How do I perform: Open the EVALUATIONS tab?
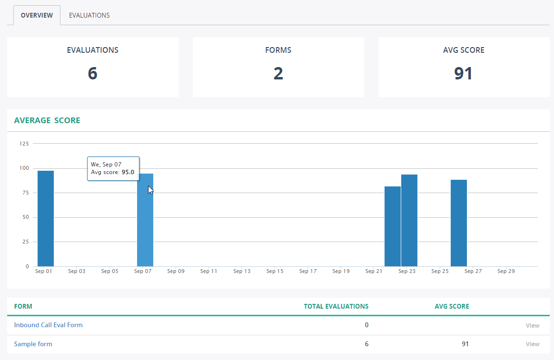[x=89, y=15]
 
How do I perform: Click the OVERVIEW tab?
[x=37, y=15]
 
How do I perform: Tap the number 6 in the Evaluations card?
[x=92, y=73]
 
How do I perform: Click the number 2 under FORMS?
[x=278, y=73]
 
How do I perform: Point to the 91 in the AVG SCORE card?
[x=463, y=73]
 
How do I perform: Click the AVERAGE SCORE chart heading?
[x=47, y=120]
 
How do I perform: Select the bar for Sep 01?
[x=46, y=218]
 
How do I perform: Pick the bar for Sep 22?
[x=393, y=226]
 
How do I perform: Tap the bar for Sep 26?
[x=459, y=223]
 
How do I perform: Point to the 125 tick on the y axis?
[x=24, y=143]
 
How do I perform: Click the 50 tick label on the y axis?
[x=26, y=217]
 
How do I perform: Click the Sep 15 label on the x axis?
[x=275, y=272]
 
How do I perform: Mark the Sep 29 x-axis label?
[x=505, y=272]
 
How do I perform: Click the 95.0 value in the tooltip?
[x=128, y=172]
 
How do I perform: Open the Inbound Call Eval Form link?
[x=48, y=325]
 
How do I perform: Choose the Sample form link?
[x=33, y=344]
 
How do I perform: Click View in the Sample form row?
[x=533, y=344]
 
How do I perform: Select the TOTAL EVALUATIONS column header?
[x=336, y=306]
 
